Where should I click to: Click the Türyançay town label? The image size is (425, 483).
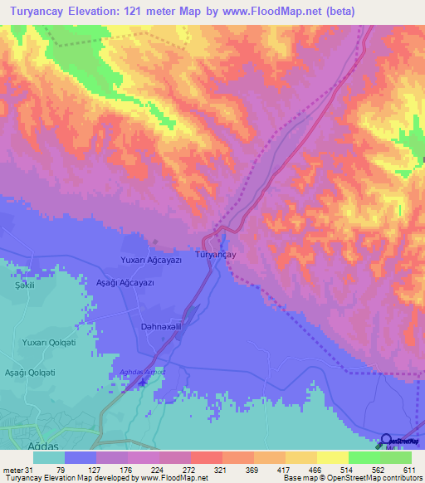coord(216,256)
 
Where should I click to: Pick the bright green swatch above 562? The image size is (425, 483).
coord(364,457)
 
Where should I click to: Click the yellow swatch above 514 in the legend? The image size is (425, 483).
coord(333,457)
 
